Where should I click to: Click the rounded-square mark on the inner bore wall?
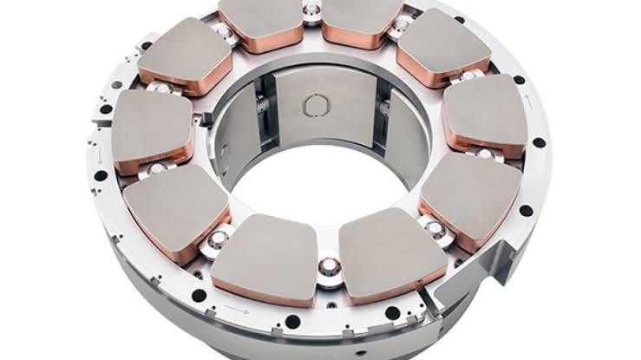point(313,106)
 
